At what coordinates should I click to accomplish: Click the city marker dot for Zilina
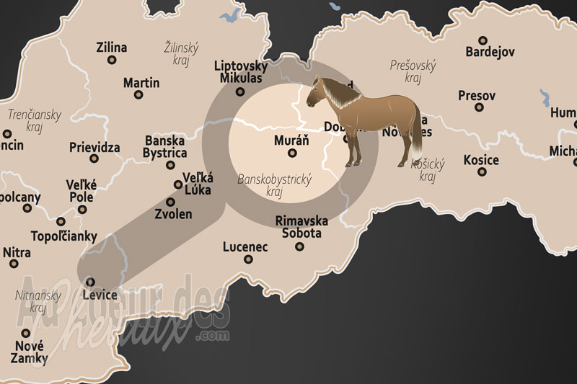(112, 60)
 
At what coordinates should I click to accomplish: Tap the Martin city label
(141, 83)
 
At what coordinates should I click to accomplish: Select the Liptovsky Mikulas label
(241, 72)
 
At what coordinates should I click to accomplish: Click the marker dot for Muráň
(292, 153)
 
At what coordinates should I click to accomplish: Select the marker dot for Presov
(479, 107)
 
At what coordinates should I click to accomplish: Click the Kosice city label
(481, 159)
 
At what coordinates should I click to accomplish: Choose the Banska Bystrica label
(166, 147)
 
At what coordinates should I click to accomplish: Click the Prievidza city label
(94, 147)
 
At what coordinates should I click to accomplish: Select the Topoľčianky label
(64, 236)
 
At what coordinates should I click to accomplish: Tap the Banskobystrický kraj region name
(274, 185)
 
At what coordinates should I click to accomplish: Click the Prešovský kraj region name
(413, 71)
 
